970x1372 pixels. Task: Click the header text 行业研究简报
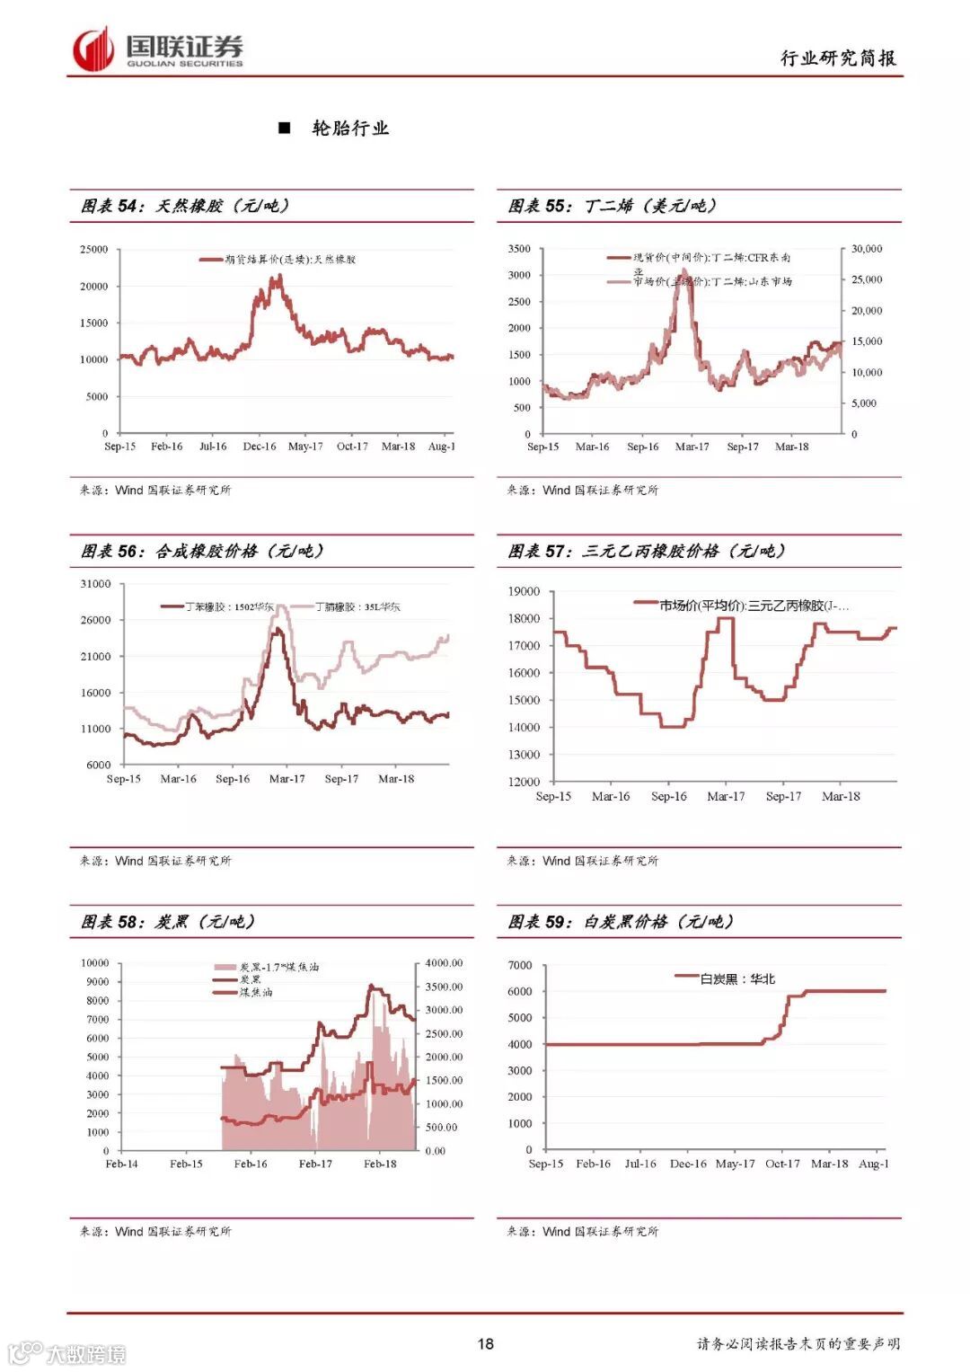pyautogui.click(x=837, y=58)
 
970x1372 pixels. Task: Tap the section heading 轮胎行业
pyautogui.click(x=349, y=128)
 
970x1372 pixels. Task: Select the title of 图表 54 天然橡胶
pyautogui.click(x=185, y=206)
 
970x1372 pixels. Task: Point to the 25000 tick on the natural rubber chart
pyautogui.click(x=93, y=249)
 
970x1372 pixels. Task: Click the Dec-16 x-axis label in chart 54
pyautogui.click(x=260, y=447)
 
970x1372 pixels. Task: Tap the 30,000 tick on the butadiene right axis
pyautogui.click(x=867, y=249)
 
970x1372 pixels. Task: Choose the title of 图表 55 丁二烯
pyautogui.click(x=613, y=206)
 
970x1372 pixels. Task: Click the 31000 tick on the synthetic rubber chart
pyautogui.click(x=95, y=584)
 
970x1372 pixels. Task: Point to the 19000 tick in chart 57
pyautogui.click(x=524, y=591)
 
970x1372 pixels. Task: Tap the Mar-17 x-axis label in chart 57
pyautogui.click(x=726, y=796)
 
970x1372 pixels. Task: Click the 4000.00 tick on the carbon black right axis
pyautogui.click(x=444, y=963)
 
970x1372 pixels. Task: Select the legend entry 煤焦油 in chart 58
pyautogui.click(x=255, y=992)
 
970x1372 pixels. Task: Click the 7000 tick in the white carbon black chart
pyautogui.click(x=520, y=965)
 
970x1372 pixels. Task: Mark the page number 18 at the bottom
pyautogui.click(x=485, y=1343)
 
